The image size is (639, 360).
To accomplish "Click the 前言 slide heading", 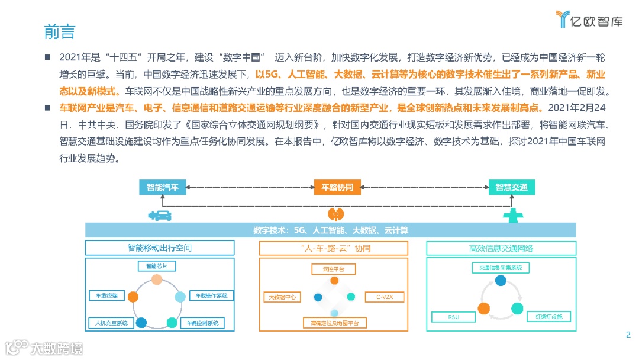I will tap(60, 30).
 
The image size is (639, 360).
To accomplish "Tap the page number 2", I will tap(628, 335).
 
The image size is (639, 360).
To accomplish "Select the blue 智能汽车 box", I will tap(163, 187).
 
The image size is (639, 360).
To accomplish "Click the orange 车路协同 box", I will tap(333, 187).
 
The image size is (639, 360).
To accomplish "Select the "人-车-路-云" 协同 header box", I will tap(333, 247).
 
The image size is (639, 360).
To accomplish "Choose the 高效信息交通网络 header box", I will tap(501, 247).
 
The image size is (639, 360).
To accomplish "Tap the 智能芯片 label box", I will tap(156, 266).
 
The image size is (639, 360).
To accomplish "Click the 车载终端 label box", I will tap(106, 295).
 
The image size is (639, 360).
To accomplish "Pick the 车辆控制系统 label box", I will tap(202, 323).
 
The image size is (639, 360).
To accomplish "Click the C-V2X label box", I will tap(384, 297).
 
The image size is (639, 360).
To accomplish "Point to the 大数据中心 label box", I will tap(283, 297).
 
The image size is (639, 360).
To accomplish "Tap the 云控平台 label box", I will tap(334, 269).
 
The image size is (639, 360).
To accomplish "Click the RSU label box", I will tap(453, 317).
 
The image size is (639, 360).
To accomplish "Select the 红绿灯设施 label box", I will tap(549, 317).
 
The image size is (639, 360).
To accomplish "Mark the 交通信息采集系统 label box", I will tap(501, 268).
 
